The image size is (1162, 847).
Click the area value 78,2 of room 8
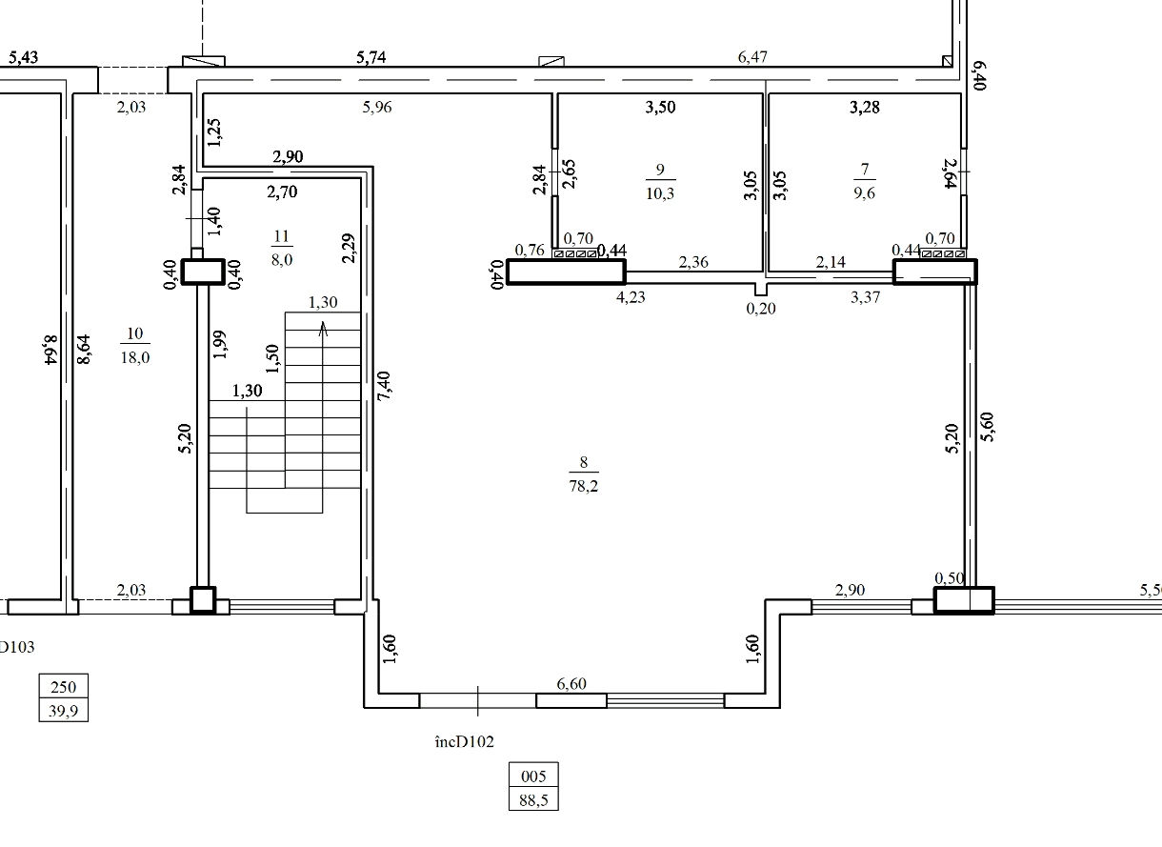[584, 486]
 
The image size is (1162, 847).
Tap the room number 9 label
[660, 170]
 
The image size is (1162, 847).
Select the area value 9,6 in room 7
[864, 193]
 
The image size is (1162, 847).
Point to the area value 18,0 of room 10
[135, 357]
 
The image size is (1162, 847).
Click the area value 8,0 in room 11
[282, 259]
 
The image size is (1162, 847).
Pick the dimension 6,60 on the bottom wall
[571, 683]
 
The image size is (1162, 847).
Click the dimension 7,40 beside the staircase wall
[385, 386]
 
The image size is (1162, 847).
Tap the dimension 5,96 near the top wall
[377, 107]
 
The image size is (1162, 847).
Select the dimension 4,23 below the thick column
[631, 297]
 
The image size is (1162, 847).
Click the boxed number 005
[533, 776]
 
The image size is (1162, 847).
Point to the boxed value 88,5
[533, 800]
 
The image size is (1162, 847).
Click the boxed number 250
[63, 687]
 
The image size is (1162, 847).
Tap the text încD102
[464, 741]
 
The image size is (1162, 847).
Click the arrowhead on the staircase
[323, 328]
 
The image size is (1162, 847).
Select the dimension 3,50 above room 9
[660, 107]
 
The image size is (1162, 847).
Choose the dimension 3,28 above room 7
[865, 107]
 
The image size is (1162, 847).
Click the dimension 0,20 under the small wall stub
[761, 309]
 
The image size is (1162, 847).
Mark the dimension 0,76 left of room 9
[530, 250]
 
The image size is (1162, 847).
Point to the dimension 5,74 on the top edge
[371, 57]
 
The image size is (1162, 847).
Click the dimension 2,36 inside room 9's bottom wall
[693, 262]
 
